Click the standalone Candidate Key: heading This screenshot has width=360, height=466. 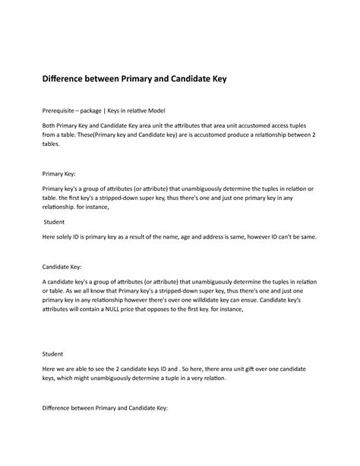(x=67, y=267)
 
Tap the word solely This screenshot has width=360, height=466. (x=68, y=236)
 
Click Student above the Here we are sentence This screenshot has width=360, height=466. (x=53, y=353)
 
